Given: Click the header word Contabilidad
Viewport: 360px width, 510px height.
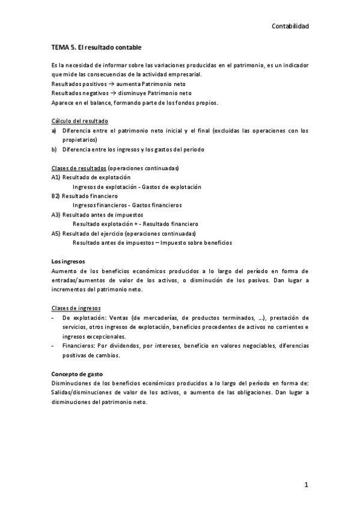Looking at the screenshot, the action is click(290, 26).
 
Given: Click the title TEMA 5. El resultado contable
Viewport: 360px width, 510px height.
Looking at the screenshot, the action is click(96, 47).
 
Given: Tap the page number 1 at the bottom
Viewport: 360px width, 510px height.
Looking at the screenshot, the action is click(307, 485).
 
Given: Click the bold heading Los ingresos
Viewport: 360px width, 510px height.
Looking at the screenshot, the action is click(69, 262).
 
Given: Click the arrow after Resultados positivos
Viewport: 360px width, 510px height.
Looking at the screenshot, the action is click(103, 84).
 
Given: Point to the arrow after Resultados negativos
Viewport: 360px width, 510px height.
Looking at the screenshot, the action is click(105, 93).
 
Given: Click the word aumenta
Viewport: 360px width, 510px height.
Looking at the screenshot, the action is click(120, 84).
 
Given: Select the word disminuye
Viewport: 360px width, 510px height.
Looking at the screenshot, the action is click(124, 93).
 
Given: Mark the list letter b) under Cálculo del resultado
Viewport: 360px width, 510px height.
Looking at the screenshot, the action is click(54, 149).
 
